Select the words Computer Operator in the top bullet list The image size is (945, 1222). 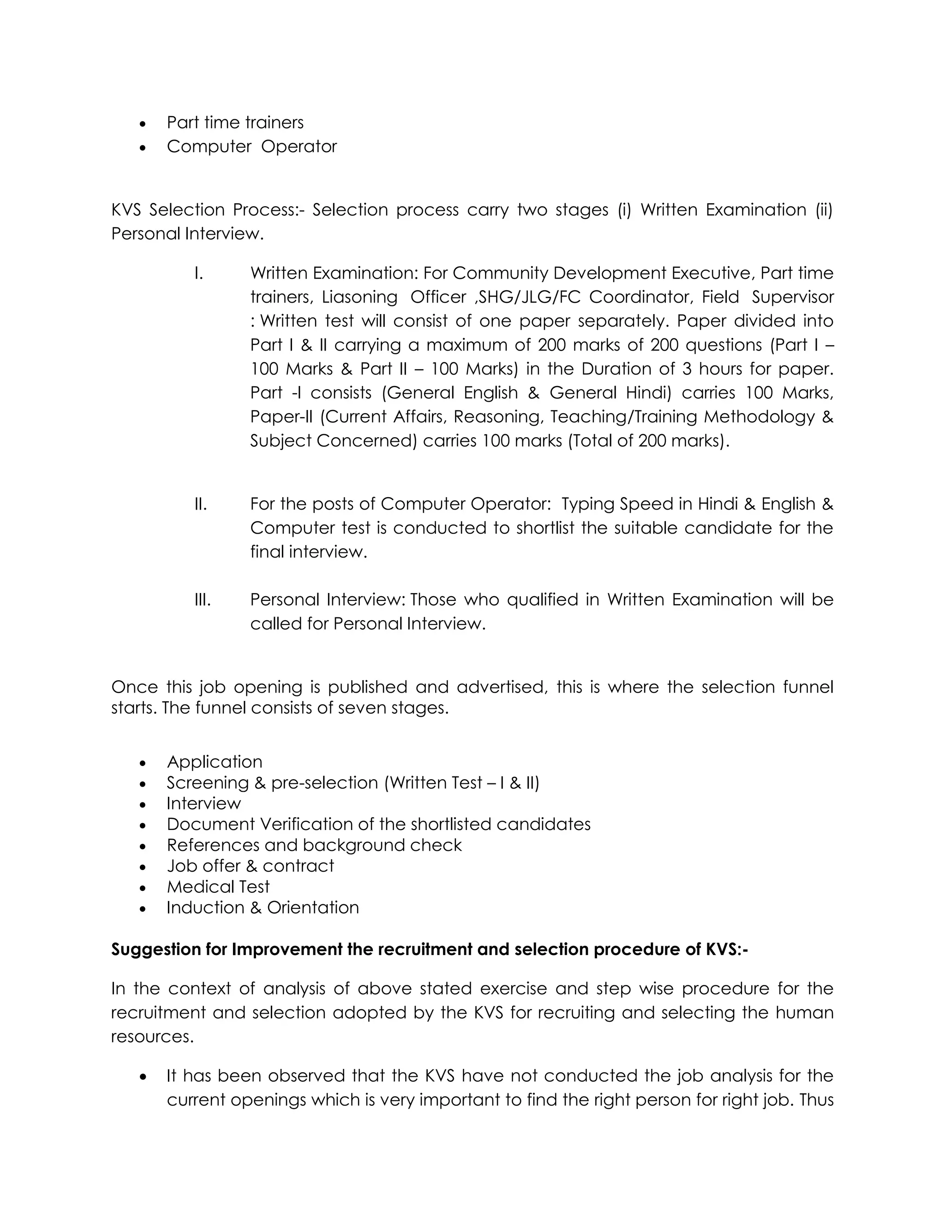[x=251, y=146]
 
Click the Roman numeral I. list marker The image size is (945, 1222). [x=198, y=273]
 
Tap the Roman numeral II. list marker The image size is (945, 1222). [x=200, y=504]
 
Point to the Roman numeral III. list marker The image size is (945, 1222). [x=202, y=600]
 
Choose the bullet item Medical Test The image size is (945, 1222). [x=218, y=887]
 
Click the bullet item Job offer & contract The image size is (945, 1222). [x=250, y=866]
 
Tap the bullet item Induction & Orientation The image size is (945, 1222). [x=262, y=908]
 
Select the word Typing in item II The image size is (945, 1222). [x=587, y=504]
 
